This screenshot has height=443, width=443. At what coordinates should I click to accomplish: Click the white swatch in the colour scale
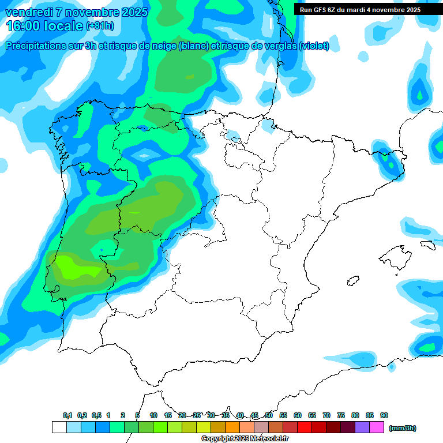[x=59, y=427]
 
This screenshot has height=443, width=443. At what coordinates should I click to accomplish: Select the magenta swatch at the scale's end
[x=377, y=427]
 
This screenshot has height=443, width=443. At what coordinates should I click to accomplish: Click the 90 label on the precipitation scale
[x=384, y=416]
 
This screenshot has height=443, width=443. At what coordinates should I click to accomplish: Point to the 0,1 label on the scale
[x=67, y=416]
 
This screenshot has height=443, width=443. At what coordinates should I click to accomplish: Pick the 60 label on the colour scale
[x=298, y=416]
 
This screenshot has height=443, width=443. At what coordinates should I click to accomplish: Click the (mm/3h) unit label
[x=403, y=428]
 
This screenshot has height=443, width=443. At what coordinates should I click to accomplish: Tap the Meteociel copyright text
[x=245, y=439]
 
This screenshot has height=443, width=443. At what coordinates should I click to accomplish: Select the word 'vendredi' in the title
[x=29, y=12]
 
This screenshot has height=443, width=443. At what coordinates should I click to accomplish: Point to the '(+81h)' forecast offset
[x=100, y=26]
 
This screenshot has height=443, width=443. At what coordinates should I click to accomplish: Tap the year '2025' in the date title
[x=130, y=12]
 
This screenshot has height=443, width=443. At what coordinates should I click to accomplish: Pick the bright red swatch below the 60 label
[x=305, y=427]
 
